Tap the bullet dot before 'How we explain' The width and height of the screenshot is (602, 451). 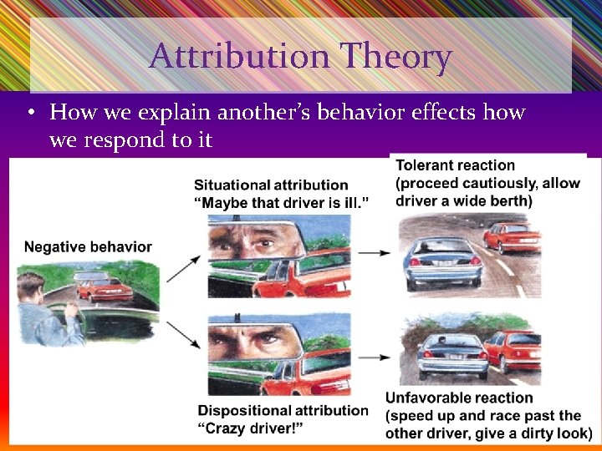point(30,113)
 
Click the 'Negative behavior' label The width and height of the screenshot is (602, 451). point(88,246)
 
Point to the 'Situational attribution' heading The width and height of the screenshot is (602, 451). point(271,185)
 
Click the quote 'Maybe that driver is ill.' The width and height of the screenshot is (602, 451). point(282,202)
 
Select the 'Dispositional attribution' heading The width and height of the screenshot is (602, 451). point(283,410)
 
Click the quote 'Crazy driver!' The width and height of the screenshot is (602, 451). point(251,428)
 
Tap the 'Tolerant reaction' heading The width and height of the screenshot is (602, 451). point(455,165)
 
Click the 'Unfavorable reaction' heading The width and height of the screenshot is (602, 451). point(459,398)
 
